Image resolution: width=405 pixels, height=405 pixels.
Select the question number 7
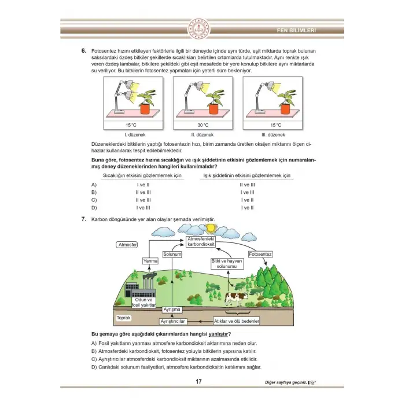point(84,220)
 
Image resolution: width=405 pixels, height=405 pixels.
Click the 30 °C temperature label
point(202,125)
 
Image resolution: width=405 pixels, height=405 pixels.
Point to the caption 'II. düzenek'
point(202,135)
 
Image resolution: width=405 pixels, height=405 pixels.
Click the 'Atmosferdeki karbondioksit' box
point(201,242)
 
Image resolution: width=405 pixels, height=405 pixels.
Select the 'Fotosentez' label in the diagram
point(260,254)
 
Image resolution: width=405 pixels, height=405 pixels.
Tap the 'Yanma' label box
point(150,262)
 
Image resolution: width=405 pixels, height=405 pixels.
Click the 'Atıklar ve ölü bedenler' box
point(236,321)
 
